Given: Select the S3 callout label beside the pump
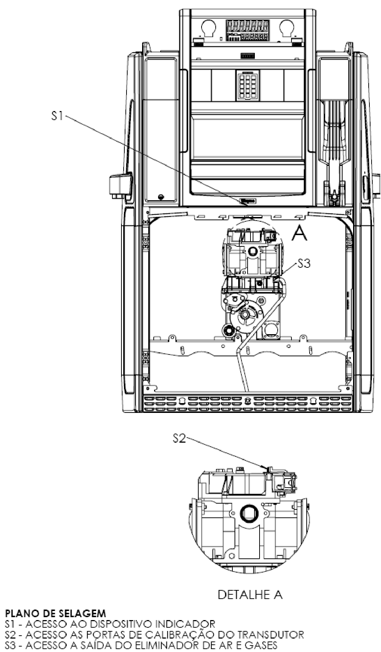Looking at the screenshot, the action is click(x=303, y=264).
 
